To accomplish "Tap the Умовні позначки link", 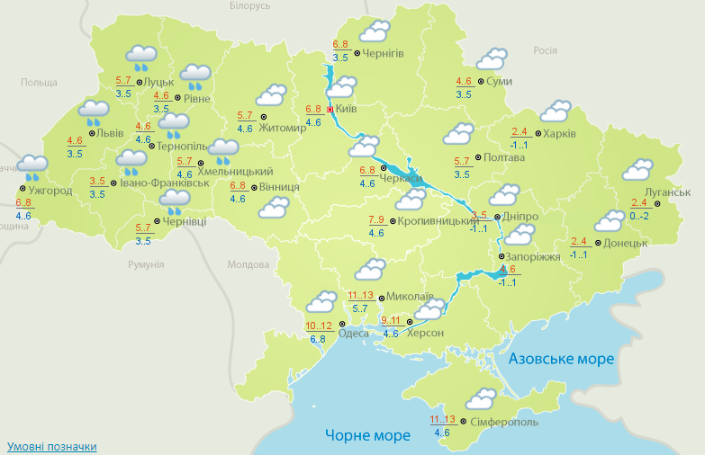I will [x=51, y=446].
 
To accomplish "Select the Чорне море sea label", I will [x=367, y=435].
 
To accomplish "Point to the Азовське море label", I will [x=561, y=359].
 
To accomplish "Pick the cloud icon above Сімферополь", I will [x=481, y=398].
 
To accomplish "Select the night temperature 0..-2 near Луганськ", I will [x=638, y=216].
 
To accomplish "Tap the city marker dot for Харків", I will [x=538, y=135].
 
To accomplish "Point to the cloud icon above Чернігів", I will [x=374, y=31].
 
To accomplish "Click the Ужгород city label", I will [x=49, y=191].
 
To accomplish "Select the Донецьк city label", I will [x=625, y=243].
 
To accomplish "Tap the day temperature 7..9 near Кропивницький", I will [x=376, y=219].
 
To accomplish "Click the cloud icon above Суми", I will [x=491, y=60].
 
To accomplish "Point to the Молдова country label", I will [x=249, y=265].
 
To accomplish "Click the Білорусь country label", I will [x=249, y=6].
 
